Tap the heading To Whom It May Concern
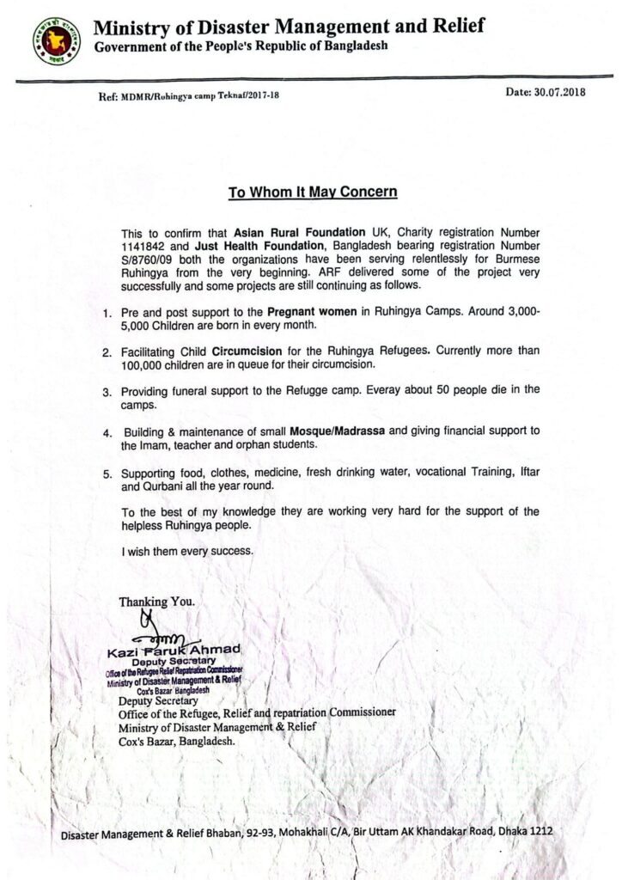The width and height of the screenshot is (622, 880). (313, 192)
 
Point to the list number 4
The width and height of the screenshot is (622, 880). (107, 431)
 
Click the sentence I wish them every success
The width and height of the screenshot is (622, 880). (188, 551)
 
